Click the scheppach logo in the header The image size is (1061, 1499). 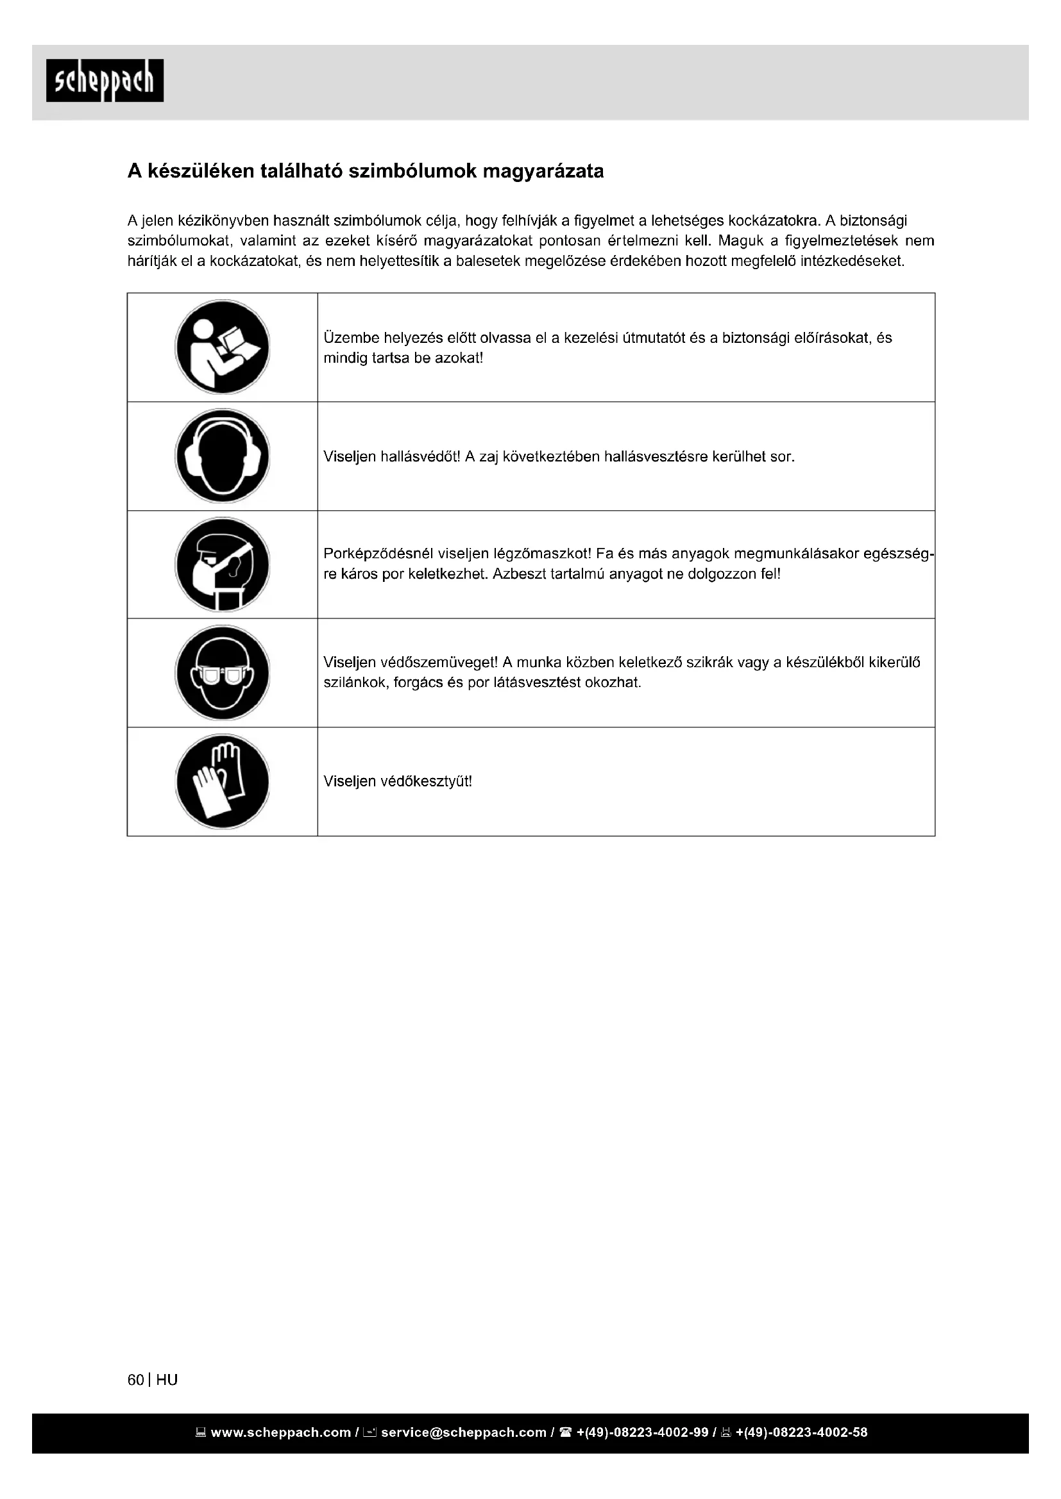tap(105, 80)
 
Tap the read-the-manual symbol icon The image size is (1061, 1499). tap(222, 347)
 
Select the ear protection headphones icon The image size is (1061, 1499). tap(222, 456)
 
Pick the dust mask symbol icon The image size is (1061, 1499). tap(222, 565)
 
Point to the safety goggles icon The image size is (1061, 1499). tap(222, 673)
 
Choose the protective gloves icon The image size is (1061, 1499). tap(222, 781)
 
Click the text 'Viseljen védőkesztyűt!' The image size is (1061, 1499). tap(397, 781)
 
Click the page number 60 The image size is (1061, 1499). tap(135, 1380)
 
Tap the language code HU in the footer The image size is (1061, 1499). tap(167, 1380)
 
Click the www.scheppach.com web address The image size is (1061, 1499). tap(280, 1432)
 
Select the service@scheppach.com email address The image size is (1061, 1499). tap(463, 1432)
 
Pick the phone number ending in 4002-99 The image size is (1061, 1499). tap(642, 1432)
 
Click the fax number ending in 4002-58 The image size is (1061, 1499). tap(801, 1432)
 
